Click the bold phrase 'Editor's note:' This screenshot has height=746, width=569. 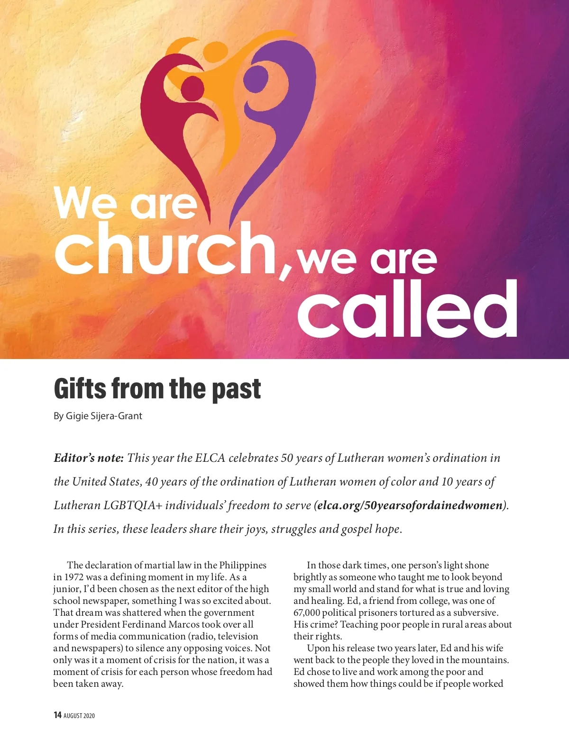point(89,458)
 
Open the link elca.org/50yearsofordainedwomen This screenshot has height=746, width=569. point(410,505)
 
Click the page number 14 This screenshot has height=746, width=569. point(57,715)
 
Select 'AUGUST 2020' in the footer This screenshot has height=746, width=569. point(79,715)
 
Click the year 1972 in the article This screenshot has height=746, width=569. point(74,577)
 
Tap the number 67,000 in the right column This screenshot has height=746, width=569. point(307,612)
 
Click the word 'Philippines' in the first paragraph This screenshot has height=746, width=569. point(243,565)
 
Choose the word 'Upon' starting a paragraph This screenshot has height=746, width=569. point(318,648)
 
